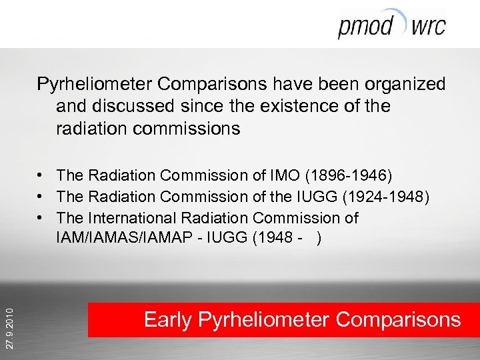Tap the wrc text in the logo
(x=429, y=27)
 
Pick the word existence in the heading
(x=297, y=106)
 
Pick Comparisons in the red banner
(x=398, y=320)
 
